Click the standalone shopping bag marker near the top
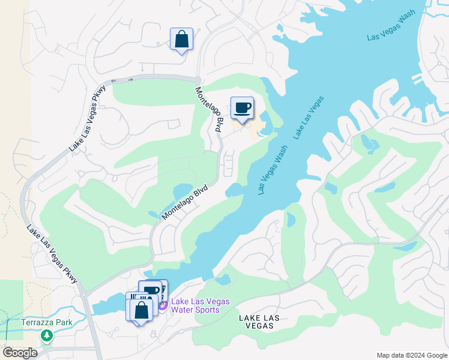tap(181, 40)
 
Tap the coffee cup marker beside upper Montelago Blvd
tap(242, 109)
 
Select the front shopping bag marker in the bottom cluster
tap(141, 310)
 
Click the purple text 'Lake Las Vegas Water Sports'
tap(195, 305)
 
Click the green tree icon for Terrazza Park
tap(46, 335)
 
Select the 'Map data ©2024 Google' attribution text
tap(411, 355)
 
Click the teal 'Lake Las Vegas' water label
tap(309, 118)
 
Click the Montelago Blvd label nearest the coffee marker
tap(210, 109)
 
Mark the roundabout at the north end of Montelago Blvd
tap(196, 80)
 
